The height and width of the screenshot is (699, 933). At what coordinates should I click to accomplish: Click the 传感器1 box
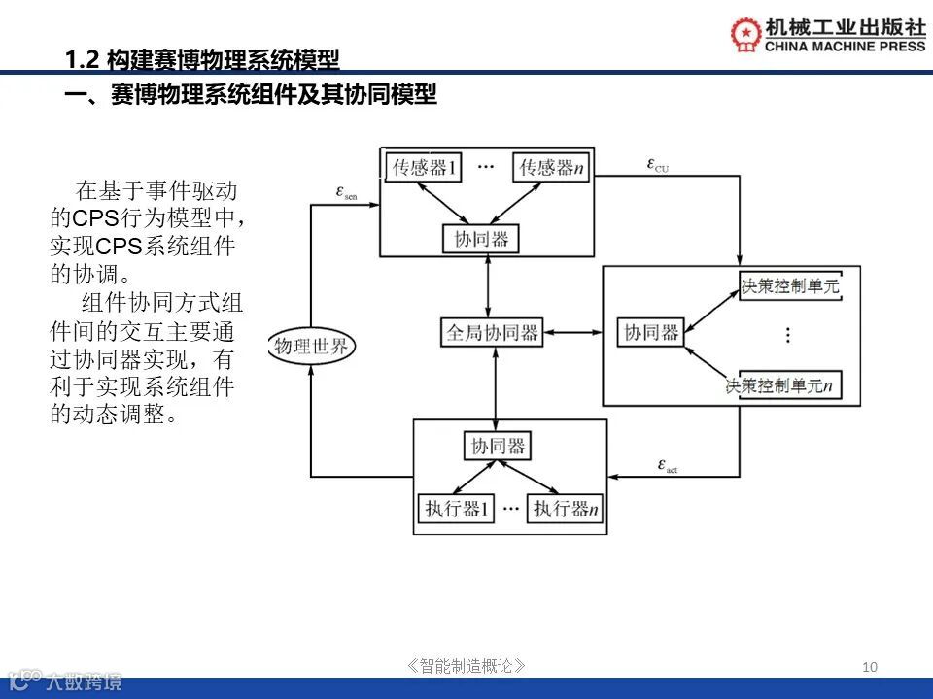coord(424,168)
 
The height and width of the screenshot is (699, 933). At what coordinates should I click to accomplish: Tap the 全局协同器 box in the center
coord(492,333)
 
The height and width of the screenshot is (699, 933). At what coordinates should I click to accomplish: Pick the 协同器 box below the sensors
coord(481,239)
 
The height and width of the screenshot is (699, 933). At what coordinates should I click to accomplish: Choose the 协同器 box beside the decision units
coord(651,333)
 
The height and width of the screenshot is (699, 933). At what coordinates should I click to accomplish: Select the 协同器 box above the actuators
coord(498,446)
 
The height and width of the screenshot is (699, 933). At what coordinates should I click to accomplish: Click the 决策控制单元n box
coord(782,385)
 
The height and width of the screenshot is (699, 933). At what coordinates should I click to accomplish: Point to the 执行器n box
coord(565,508)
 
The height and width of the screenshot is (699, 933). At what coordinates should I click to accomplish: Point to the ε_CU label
coord(657,164)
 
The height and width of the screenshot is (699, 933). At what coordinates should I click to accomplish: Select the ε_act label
coord(667,466)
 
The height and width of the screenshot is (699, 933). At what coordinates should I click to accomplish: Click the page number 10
coord(870,666)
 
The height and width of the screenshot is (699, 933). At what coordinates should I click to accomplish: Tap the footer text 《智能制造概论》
coord(467,666)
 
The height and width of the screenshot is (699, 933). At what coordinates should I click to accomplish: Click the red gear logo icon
coord(746,33)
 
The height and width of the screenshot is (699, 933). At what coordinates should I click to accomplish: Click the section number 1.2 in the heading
coord(82,60)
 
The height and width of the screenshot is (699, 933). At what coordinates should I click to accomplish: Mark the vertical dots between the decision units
coord(788,335)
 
